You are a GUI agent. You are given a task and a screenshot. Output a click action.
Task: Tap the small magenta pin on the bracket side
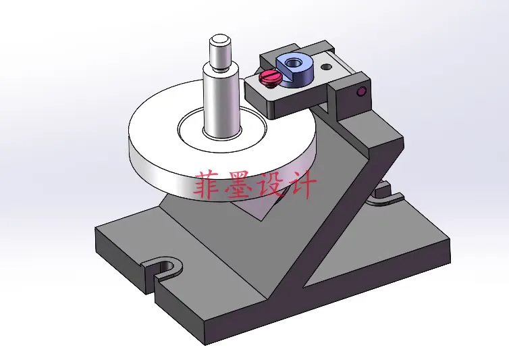[x=362, y=91]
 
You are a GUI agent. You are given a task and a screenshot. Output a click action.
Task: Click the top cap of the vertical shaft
[x=220, y=41]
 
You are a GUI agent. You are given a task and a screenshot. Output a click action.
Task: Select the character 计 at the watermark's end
[x=301, y=185]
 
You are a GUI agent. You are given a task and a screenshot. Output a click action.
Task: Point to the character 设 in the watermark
[x=271, y=185]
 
